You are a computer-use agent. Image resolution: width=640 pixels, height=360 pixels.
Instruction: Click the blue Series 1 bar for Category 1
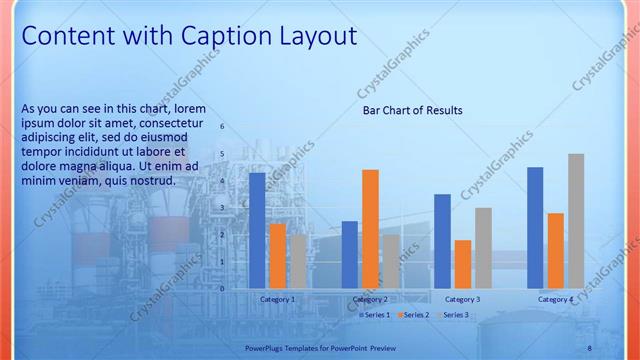[257, 231]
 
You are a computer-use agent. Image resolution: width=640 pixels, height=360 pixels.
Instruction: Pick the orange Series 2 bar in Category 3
[462, 264]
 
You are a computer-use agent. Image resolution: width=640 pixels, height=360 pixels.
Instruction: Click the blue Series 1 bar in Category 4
[535, 228]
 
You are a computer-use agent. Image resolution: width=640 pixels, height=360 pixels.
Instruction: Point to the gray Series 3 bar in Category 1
[298, 261]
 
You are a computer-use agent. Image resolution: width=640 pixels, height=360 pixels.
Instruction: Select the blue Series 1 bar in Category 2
[349, 255]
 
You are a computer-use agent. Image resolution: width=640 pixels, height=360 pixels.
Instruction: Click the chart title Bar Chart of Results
[412, 111]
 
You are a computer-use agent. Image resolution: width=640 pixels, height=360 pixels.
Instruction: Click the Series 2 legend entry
[412, 315]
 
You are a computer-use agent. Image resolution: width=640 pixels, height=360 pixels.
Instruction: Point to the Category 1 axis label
[277, 300]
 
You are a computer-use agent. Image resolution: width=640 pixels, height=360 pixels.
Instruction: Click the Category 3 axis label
[462, 300]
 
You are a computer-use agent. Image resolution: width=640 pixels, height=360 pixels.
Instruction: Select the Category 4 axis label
[555, 300]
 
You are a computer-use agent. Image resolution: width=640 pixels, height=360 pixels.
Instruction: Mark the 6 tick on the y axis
[223, 127]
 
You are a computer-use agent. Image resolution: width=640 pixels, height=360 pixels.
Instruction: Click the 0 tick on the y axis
[223, 289]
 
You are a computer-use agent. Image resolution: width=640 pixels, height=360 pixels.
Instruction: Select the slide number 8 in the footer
[589, 347]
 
